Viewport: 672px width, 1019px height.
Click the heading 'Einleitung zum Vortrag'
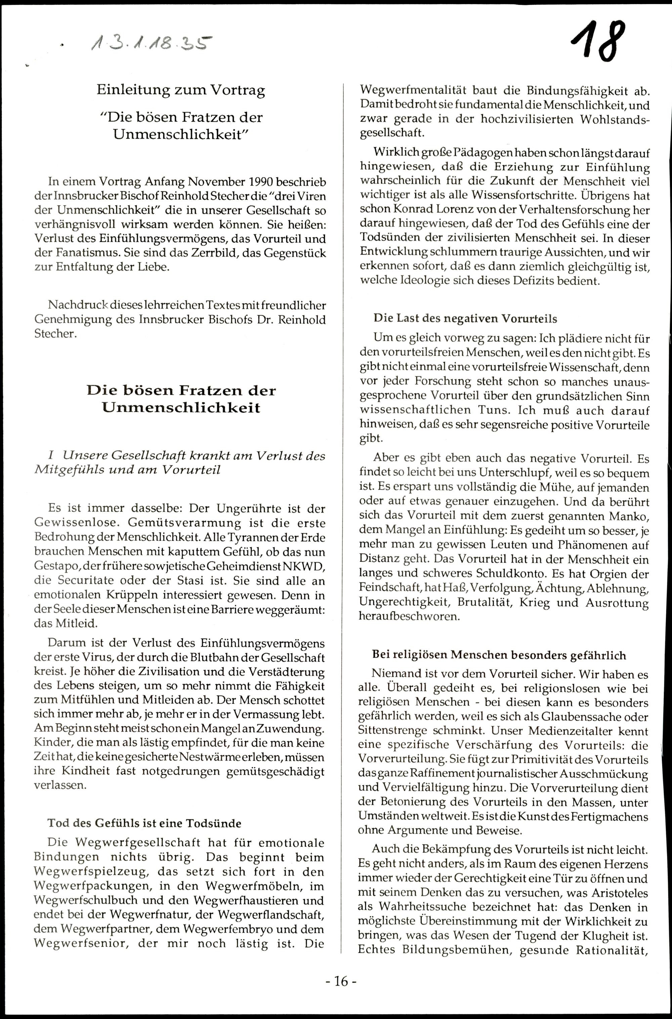(x=180, y=90)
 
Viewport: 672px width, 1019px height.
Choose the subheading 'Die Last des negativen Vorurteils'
(x=465, y=319)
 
